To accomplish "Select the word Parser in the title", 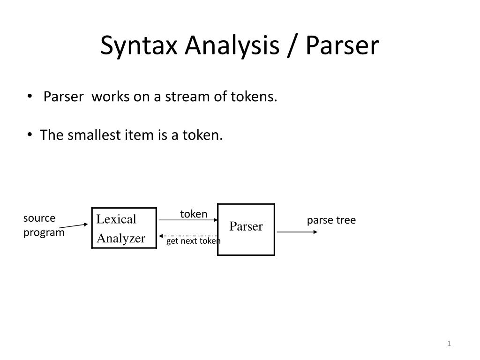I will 342,46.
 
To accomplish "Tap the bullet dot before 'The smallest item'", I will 30,135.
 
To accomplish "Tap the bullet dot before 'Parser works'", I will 30,97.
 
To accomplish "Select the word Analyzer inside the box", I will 121,238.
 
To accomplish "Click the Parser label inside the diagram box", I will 246,227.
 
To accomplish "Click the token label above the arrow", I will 194,214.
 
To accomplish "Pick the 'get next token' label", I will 193,241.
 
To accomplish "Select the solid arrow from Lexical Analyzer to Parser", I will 187,220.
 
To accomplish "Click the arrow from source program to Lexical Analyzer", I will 74,226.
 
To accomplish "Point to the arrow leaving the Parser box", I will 297,232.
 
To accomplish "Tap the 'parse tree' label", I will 331,220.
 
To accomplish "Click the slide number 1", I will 449,345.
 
